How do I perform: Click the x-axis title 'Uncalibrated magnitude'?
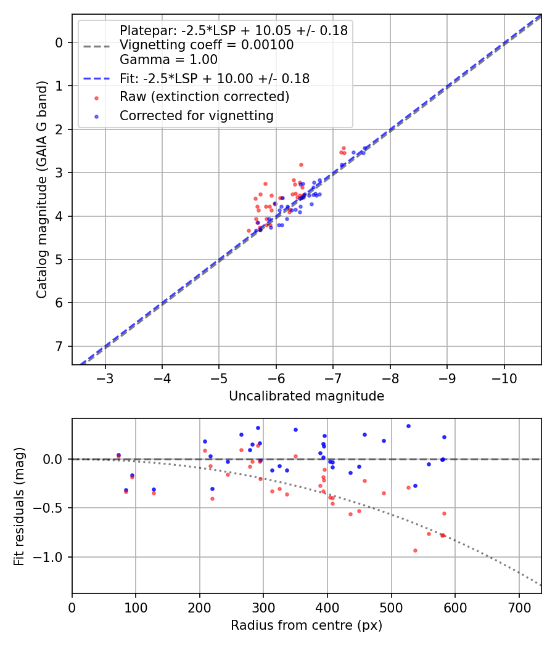tap(306, 396)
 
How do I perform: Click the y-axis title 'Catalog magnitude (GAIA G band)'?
tap(41, 189)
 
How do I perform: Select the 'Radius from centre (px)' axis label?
tap(306, 625)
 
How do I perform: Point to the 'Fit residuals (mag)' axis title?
tap(19, 506)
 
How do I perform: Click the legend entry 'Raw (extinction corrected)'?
tap(204, 97)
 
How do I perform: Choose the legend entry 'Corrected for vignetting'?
tap(197, 115)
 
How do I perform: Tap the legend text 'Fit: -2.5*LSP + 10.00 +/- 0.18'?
tap(215, 78)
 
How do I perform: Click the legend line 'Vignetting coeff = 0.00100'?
tap(207, 45)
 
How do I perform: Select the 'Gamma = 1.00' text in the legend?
tap(168, 60)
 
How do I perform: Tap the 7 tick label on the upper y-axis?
tap(60, 346)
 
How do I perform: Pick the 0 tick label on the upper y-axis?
tap(60, 43)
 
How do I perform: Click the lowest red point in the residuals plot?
tap(415, 550)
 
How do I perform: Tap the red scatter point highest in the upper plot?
tap(343, 148)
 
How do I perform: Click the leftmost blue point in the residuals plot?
tap(118, 455)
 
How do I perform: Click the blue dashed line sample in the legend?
tap(97, 79)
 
